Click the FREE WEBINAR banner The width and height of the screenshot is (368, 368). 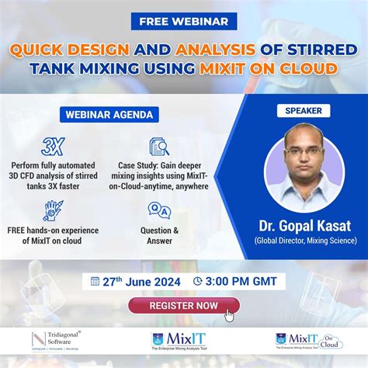click(184, 23)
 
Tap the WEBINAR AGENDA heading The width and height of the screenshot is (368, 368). click(103, 114)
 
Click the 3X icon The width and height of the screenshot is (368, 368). click(53, 147)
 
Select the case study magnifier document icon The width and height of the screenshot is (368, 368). click(159, 147)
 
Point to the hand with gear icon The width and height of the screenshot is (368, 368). click(53, 210)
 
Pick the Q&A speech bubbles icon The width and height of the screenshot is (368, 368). click(159, 210)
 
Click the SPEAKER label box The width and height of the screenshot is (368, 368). click(304, 111)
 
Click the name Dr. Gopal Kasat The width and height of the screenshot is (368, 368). click(304, 226)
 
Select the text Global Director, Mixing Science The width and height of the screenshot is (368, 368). click(304, 241)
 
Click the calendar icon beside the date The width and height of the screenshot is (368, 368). click(95, 281)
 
